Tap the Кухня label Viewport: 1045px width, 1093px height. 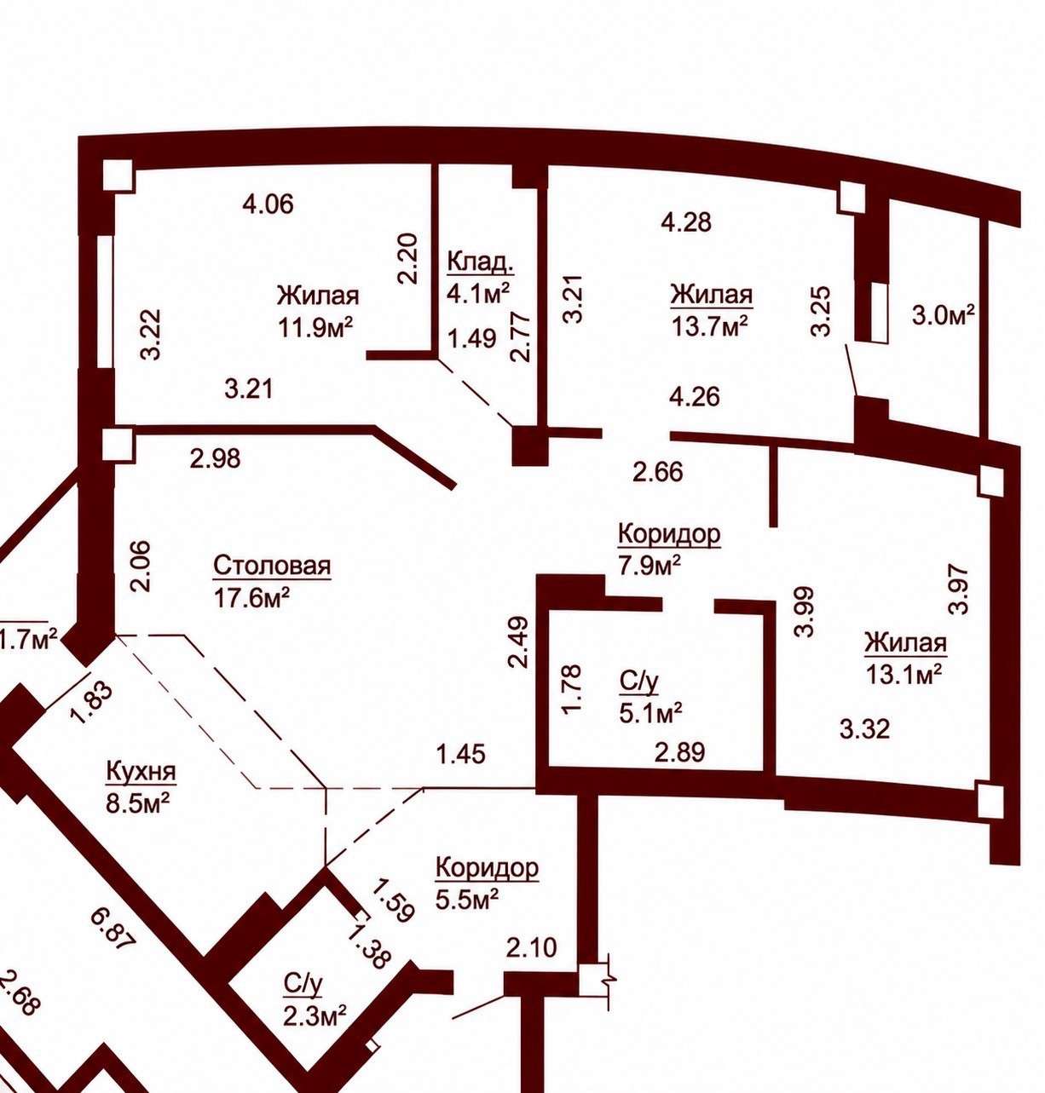[141, 771]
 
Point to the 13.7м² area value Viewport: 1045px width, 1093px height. [710, 325]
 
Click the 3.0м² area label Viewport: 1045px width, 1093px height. [943, 315]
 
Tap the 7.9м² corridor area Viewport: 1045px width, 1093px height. [650, 565]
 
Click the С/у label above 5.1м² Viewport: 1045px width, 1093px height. [638, 682]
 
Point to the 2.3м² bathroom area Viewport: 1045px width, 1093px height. [315, 1015]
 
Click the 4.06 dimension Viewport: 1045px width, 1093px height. [268, 204]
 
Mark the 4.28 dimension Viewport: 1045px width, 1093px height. [686, 221]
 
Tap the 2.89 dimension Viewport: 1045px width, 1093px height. [680, 751]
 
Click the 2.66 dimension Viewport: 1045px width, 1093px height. [658, 472]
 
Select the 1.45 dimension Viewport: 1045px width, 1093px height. [460, 754]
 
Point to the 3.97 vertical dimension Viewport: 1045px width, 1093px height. [957, 589]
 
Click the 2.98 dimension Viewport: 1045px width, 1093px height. [215, 458]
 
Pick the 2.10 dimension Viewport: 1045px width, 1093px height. [532, 947]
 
